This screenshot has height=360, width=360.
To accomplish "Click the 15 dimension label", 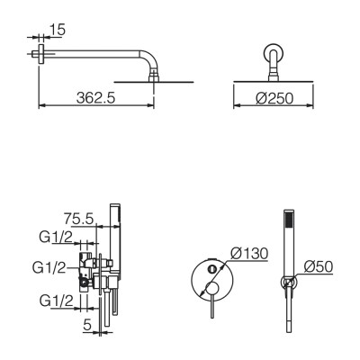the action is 57,30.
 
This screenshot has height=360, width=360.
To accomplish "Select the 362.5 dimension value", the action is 95,98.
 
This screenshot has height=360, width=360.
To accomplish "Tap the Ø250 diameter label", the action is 274,98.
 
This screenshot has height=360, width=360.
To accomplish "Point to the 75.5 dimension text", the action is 79,219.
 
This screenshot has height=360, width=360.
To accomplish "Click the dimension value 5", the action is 87,325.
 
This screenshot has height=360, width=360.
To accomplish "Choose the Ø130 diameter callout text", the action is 249,254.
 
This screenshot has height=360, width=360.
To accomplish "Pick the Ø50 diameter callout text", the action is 319,266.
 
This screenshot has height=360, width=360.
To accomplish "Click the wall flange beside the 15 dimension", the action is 41,54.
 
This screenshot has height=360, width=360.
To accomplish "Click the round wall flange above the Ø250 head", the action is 274,53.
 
